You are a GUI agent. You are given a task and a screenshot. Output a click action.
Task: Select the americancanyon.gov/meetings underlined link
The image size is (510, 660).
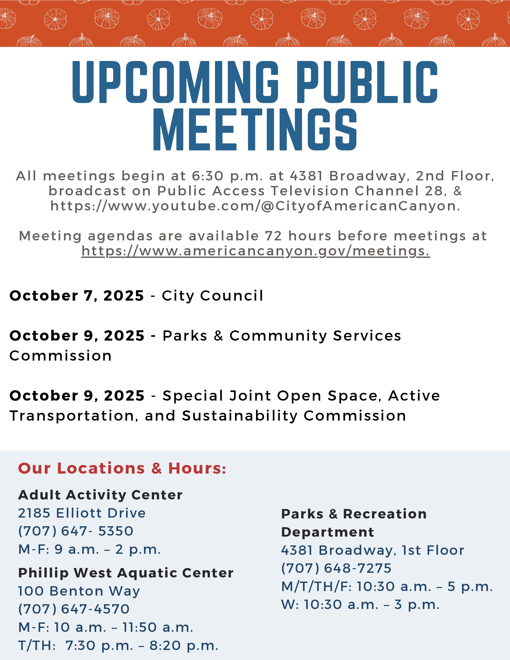(255, 251)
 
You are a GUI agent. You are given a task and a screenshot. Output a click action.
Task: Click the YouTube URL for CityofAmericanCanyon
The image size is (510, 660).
(255, 206)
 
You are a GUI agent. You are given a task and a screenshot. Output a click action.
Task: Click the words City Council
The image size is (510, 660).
(212, 296)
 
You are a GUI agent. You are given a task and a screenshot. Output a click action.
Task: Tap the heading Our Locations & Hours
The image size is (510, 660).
(122, 468)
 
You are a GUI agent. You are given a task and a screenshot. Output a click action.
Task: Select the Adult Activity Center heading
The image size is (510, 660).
(100, 495)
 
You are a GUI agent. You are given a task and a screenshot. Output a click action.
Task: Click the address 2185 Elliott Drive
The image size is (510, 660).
(82, 513)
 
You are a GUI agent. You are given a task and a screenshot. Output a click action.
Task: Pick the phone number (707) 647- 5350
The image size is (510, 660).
(76, 531)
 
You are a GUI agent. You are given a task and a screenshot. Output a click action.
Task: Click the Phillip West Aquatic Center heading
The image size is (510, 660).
(126, 573)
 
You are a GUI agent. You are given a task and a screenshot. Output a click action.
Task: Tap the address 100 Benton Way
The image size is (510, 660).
(79, 591)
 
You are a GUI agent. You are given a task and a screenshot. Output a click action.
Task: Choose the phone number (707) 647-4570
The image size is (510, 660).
(74, 609)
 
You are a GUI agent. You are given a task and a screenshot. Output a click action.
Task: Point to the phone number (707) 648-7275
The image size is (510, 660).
(336, 568)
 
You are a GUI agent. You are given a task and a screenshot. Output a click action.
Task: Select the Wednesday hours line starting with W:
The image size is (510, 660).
(360, 605)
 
